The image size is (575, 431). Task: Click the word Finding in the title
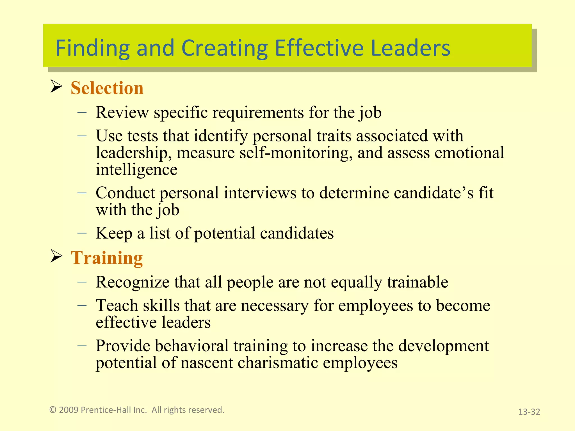(x=92, y=48)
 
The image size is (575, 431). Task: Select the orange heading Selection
(x=107, y=88)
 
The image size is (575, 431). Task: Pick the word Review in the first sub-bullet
(x=122, y=113)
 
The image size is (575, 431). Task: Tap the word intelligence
(x=136, y=170)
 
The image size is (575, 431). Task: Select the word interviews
(x=260, y=193)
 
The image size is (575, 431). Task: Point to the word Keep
(x=114, y=233)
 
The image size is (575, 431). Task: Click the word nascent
(x=207, y=363)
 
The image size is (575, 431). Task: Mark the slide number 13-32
(x=529, y=412)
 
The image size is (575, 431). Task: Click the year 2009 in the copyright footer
(x=69, y=410)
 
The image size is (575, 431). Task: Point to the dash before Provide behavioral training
(x=82, y=346)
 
